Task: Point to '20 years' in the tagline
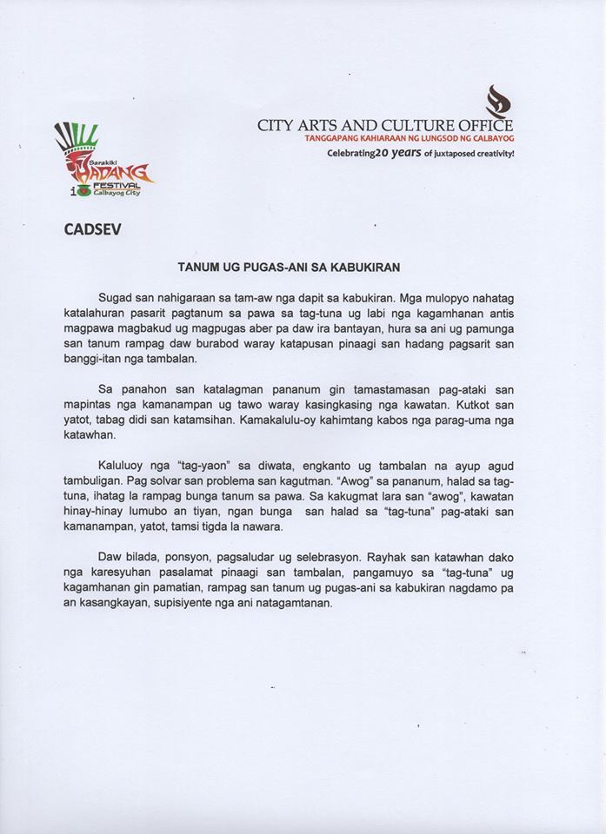click(x=403, y=153)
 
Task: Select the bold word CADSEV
click(x=90, y=232)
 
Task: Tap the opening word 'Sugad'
click(x=116, y=298)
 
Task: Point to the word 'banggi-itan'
click(x=97, y=361)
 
